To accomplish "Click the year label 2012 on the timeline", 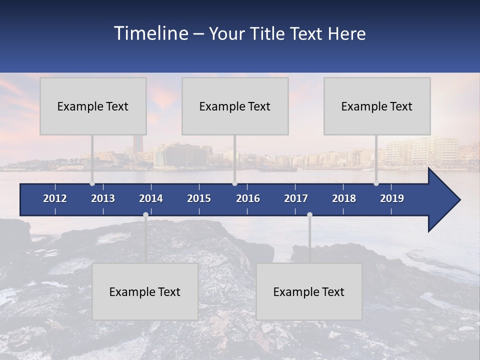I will [55, 198].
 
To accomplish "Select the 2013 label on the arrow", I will [103, 198].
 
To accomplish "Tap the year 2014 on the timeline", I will [151, 198].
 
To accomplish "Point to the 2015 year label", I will [199, 198].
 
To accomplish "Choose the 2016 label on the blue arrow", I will [248, 198].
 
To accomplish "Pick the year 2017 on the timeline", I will [296, 198].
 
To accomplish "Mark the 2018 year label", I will [344, 198].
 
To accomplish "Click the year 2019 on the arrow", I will [392, 198].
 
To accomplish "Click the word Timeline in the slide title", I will [150, 33].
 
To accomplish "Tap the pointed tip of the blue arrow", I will [459, 200].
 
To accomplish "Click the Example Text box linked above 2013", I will [93, 106].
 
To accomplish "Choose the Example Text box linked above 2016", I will [235, 106].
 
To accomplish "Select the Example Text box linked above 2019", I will [377, 106].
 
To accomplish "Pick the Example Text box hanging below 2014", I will [145, 292].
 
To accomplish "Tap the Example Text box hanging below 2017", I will [309, 292].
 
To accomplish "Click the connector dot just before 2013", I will [92, 183].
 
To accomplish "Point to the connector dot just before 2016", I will [234, 183].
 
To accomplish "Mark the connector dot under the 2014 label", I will [145, 215].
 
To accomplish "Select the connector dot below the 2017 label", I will [309, 215].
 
